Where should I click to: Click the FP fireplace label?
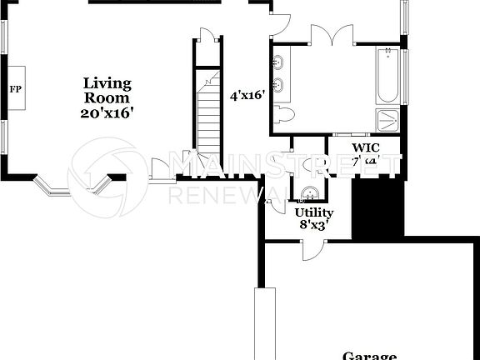pyautogui.click(x=14, y=88)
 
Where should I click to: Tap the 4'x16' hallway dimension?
pyautogui.click(x=247, y=96)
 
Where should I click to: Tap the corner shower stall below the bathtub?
pyautogui.click(x=387, y=120)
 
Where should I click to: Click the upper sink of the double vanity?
pyautogui.click(x=279, y=62)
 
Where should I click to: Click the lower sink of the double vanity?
pyautogui.click(x=279, y=84)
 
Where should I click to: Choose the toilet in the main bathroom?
pyautogui.click(x=282, y=113)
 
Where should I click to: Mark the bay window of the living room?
pyautogui.click(x=70, y=187)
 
